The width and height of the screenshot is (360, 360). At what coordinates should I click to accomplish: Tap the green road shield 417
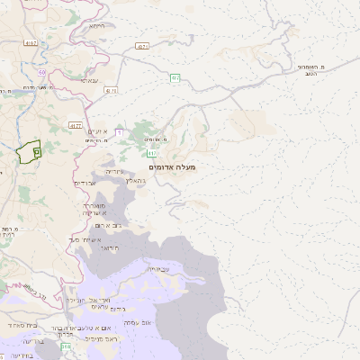(153, 154)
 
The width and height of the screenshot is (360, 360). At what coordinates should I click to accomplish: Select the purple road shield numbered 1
(119, 133)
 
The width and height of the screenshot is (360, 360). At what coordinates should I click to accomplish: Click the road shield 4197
(32, 42)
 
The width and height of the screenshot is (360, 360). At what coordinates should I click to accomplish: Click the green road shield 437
(176, 77)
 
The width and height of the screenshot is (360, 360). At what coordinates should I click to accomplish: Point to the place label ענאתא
(90, 80)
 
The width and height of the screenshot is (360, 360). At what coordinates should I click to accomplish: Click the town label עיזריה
(116, 171)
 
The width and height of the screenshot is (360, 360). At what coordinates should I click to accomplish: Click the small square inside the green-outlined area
(37, 152)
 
